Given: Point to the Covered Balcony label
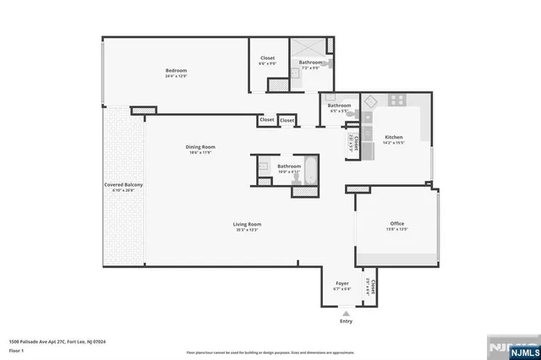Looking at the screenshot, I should coord(123,187).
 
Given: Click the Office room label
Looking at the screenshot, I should coord(397,226).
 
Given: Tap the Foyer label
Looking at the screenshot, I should coord(342,285).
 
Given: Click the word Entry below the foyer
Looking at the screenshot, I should coord(346,321).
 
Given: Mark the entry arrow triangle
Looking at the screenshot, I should coord(346,313).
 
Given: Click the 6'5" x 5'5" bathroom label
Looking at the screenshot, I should coord(339,107).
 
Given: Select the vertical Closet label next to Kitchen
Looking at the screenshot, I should coord(357,146).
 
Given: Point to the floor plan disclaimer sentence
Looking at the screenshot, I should coord(270,352).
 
